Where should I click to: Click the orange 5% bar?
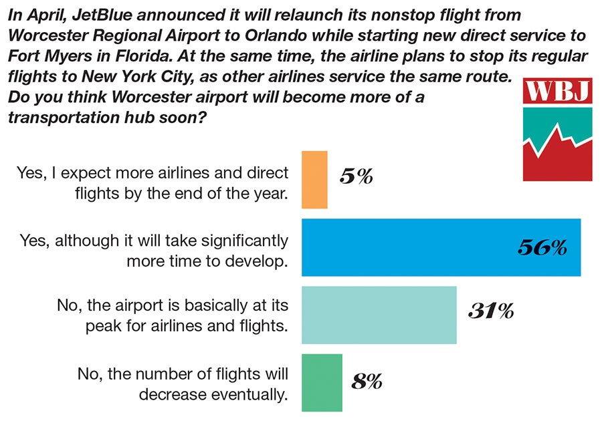(x=314, y=179)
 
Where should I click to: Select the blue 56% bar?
(x=441, y=247)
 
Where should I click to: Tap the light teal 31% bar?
(x=379, y=315)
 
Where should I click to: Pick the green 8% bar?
(x=322, y=382)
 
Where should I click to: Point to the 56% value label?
(x=542, y=248)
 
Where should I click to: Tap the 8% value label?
(x=367, y=382)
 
